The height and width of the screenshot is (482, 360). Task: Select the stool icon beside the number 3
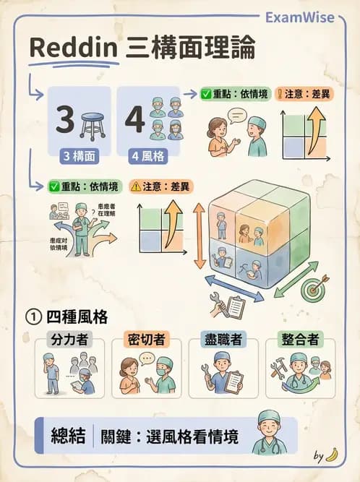click(93, 123)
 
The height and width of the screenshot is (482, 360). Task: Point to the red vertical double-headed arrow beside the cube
click(199, 236)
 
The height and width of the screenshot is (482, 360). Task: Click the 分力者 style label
click(69, 339)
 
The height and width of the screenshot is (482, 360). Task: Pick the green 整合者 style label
click(300, 339)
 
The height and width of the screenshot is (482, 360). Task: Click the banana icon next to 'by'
click(332, 455)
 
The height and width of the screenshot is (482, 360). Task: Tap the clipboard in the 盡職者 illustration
click(233, 382)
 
